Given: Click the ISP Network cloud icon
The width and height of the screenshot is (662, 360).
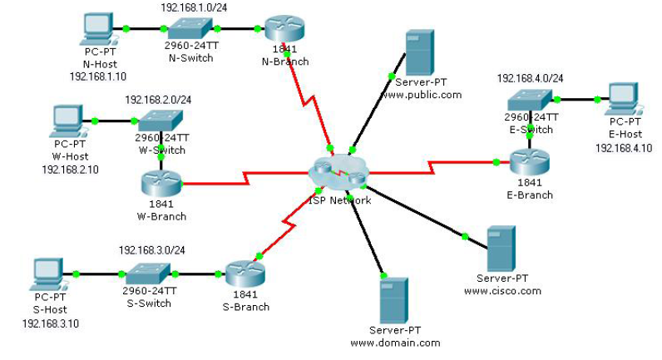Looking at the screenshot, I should (338, 173).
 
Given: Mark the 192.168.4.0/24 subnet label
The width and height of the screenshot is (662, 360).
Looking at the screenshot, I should (530, 78).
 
